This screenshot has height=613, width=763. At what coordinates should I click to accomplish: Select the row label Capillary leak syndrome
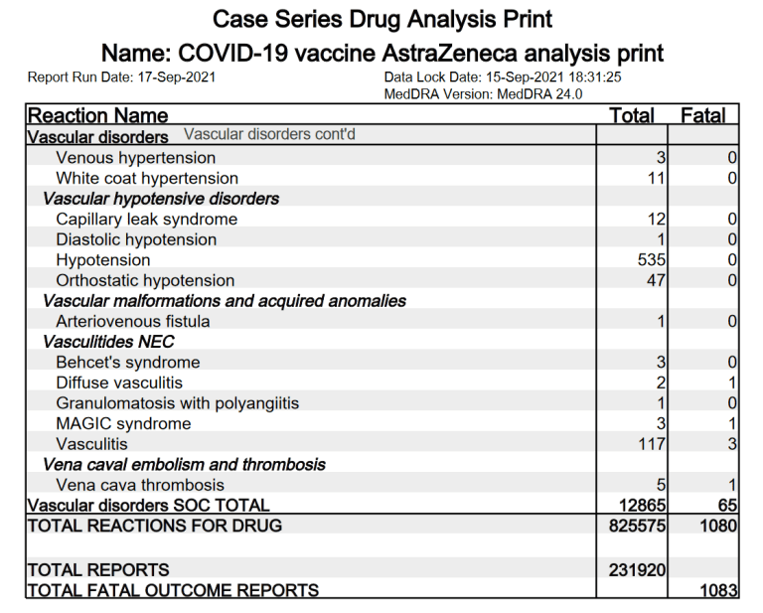[147, 220]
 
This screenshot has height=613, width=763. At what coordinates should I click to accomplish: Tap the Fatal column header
[702, 115]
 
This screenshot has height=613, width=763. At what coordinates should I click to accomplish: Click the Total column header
[632, 115]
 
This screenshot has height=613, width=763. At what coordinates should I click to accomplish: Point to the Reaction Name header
[97, 115]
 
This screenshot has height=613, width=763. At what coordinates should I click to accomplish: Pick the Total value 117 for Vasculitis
[651, 444]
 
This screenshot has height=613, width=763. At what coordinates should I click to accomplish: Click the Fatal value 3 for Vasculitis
[732, 444]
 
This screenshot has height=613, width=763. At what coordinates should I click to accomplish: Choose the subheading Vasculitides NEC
[109, 342]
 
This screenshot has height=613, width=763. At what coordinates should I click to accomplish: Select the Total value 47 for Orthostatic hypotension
[656, 281]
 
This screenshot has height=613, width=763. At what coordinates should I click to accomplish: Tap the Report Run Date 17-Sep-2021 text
[122, 77]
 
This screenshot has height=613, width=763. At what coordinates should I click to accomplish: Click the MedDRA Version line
[483, 94]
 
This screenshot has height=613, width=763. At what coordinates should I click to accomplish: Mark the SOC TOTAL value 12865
[642, 506]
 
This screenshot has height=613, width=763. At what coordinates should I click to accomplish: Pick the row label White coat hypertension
[147, 179]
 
